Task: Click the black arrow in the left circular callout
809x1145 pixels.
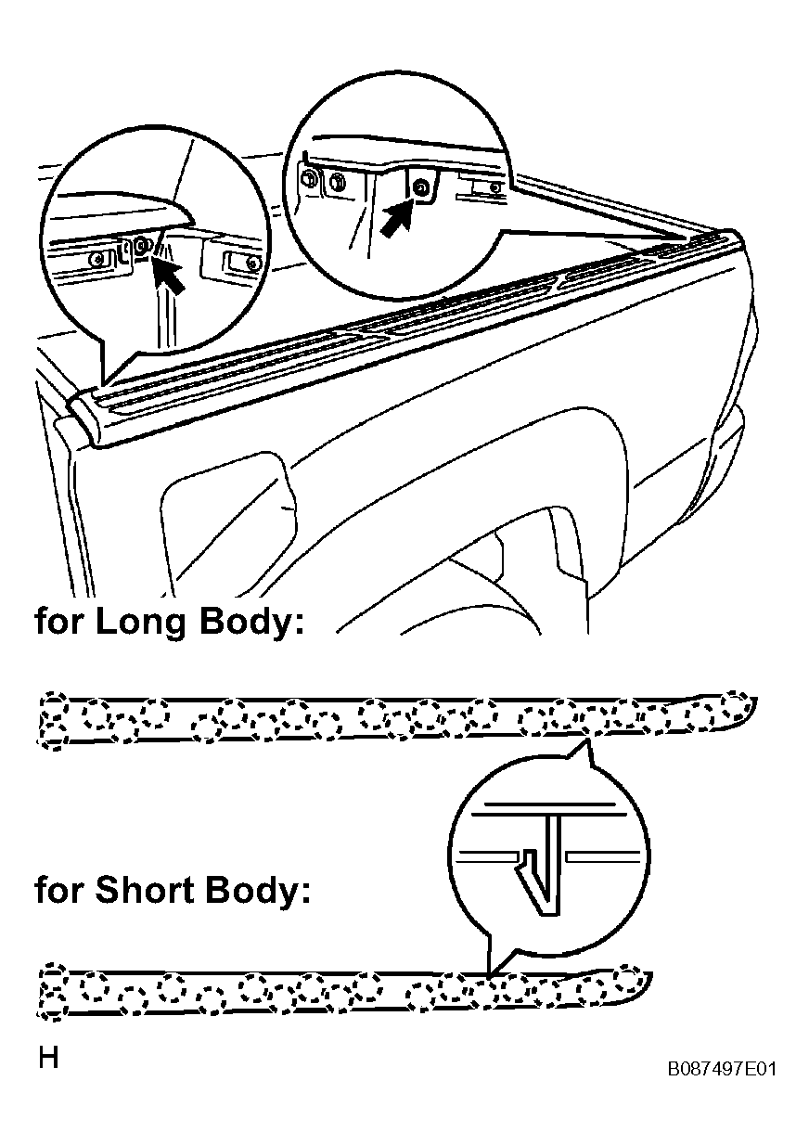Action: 169,275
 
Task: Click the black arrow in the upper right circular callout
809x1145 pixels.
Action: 396,218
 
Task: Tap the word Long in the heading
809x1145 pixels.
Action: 139,622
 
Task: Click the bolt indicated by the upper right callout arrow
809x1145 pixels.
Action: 420,187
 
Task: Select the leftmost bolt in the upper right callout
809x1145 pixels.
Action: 309,180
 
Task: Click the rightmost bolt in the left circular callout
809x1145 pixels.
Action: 251,264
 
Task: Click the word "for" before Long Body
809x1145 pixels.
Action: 59,622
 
